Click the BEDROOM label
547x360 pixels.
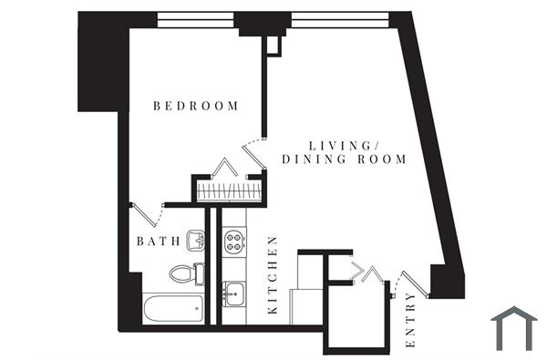(196, 106)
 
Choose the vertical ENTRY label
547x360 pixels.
(410, 322)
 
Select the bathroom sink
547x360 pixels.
(195, 241)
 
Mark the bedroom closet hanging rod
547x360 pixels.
(229, 192)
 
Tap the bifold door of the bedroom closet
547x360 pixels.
(224, 168)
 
